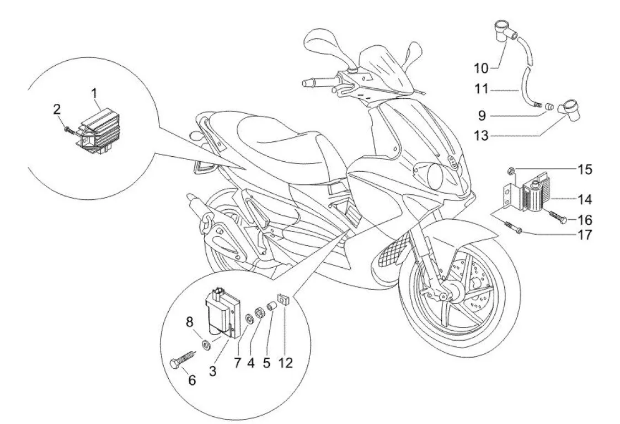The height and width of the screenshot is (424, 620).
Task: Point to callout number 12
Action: click(287, 363)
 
